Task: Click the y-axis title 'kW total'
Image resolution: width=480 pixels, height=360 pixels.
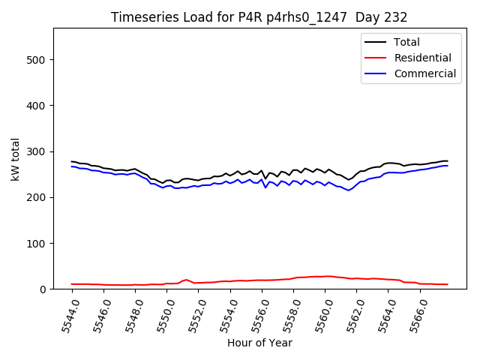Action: [16, 159]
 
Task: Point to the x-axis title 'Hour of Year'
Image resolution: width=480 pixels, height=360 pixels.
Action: [259, 343]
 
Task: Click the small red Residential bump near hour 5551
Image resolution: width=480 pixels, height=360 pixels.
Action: [186, 280]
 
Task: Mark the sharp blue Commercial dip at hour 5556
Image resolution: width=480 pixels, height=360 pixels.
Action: [265, 187]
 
